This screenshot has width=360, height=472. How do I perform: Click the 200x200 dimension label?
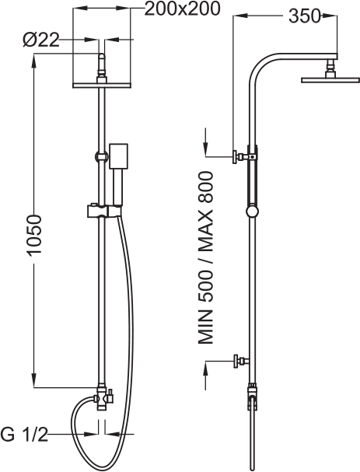coord(183,9)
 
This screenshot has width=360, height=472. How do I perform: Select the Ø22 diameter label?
coord(41,40)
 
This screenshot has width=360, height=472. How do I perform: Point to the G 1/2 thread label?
coord(24,434)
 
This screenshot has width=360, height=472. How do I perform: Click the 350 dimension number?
coord(304,16)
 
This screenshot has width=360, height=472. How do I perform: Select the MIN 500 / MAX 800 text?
coord(205,257)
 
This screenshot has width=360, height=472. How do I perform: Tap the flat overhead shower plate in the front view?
coord(102,86)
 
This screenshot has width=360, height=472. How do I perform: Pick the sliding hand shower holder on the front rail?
coord(104,211)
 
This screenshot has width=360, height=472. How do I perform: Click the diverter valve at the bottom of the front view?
coord(103,398)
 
